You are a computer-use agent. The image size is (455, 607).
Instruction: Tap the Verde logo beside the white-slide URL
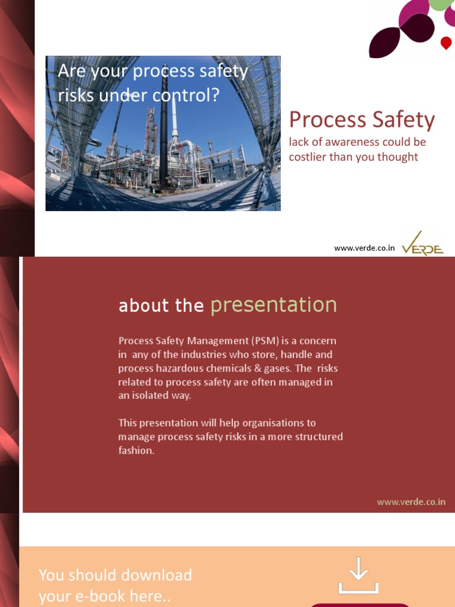tap(422, 245)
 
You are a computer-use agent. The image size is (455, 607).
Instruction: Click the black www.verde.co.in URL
tap(364, 248)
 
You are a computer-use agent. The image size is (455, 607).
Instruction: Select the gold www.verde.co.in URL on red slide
tap(411, 502)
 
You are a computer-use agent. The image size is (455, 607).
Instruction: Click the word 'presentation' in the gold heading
tap(274, 305)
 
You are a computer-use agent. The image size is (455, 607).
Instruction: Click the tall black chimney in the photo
tap(164, 136)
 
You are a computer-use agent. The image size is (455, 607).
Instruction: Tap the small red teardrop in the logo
tap(446, 43)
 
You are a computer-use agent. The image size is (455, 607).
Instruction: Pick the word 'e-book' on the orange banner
tap(108, 596)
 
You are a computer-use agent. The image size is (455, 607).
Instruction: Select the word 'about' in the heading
tap(136, 306)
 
